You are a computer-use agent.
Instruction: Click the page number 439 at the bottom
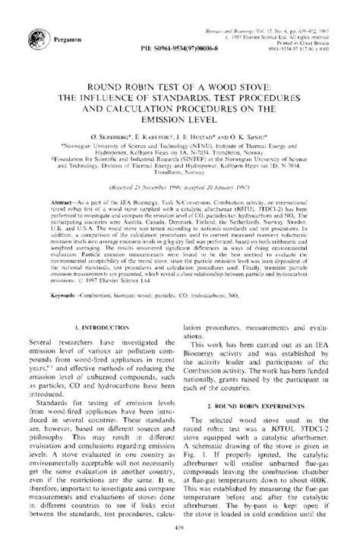180,531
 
